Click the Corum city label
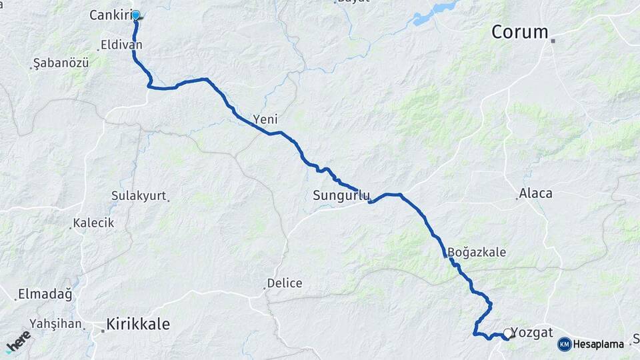520,32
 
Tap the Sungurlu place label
341,196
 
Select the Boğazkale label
477,253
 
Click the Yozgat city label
536,333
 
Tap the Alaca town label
535,193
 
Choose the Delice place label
284,283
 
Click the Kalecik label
94,223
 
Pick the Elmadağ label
45,293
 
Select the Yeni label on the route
265,120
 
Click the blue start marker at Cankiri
136,15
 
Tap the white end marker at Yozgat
509,333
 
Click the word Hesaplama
599,345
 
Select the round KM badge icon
565,345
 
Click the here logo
19,341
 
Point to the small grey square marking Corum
553,41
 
